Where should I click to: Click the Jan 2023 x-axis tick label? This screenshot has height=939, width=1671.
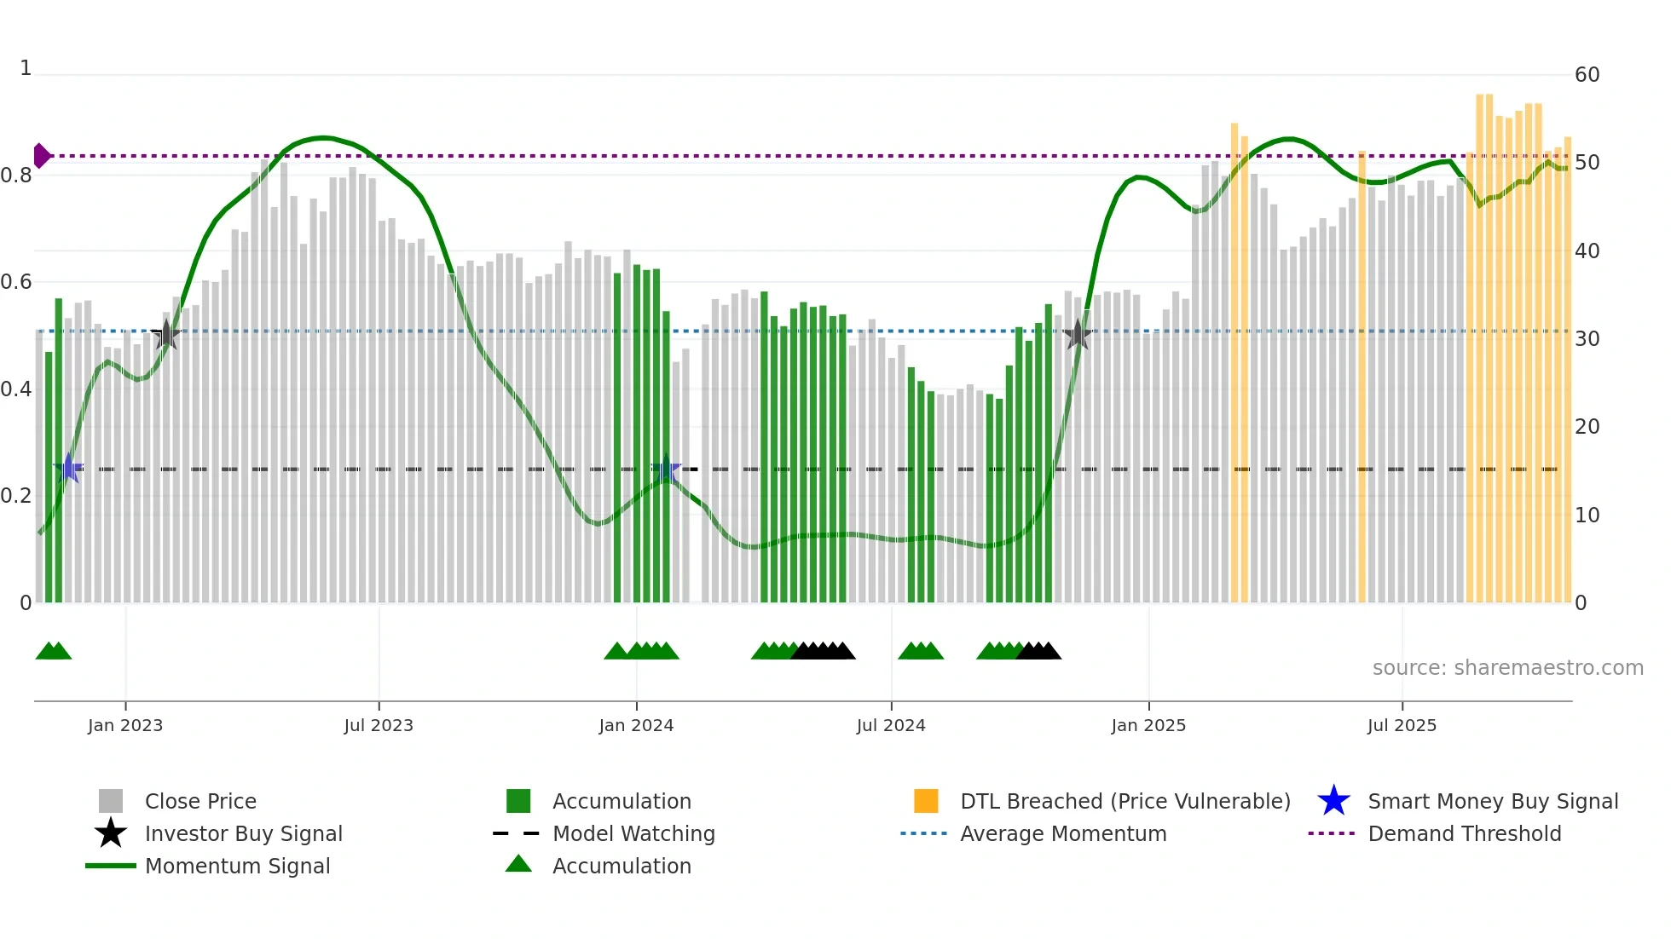click(124, 725)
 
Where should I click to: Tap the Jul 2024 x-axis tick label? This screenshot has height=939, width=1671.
click(891, 725)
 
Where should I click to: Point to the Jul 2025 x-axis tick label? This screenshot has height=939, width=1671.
click(1402, 725)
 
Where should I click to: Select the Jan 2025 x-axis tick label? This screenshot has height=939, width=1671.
click(1148, 725)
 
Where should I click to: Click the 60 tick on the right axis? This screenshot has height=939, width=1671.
click(1587, 75)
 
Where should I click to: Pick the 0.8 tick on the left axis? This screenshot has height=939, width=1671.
click(16, 176)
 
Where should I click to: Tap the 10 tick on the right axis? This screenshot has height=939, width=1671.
click(1587, 516)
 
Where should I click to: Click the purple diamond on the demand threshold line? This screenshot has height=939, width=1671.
click(41, 156)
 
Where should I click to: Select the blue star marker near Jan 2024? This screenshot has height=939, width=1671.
click(666, 469)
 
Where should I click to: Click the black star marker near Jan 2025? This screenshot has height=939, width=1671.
click(1078, 335)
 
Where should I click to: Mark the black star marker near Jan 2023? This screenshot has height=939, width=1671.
click(165, 335)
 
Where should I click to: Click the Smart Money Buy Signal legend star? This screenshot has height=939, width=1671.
click(1333, 801)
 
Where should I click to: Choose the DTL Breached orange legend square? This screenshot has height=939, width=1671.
click(926, 801)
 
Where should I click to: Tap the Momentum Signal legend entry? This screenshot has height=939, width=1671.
click(237, 866)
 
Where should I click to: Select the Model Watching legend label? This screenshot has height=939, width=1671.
click(633, 833)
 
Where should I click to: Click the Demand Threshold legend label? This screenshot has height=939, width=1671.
click(1465, 833)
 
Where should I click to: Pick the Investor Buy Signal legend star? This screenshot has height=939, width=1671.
click(111, 833)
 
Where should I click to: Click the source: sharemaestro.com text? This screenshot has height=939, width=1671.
click(1507, 668)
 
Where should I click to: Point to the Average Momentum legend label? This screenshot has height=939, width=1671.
click(1063, 833)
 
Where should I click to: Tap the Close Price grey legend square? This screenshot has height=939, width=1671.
click(111, 801)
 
